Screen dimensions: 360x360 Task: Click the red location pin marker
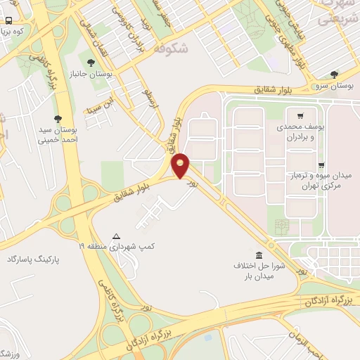point(181,165)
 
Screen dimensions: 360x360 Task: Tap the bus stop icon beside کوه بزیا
point(8,21)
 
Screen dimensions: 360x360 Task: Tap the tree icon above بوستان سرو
point(334,75)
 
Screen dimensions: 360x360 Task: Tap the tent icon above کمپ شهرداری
point(117,236)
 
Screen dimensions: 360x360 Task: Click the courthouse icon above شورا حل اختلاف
point(259,255)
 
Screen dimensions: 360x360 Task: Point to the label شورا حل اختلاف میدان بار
point(257,271)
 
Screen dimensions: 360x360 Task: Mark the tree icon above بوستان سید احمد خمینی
point(58,119)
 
